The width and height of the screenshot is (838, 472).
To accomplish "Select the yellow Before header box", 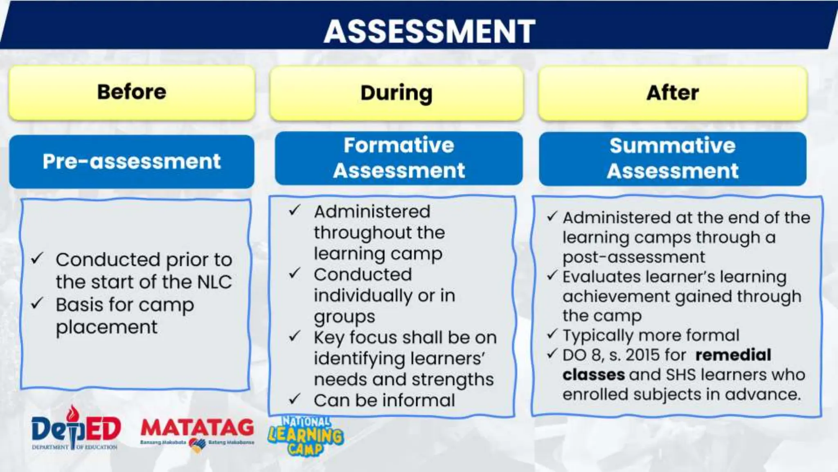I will point(132,93).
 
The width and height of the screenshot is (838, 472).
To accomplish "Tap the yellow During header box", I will point(396,93).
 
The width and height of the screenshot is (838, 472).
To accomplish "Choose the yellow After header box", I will point(672,93).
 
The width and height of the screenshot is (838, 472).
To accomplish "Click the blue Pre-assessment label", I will point(132,161).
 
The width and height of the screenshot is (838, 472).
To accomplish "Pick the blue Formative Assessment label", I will point(399,158).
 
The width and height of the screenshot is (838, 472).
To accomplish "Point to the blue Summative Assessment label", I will point(672,159).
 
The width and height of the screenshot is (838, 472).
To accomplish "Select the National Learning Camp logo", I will point(306,436).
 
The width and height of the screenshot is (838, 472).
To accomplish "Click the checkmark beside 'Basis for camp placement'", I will point(37,304).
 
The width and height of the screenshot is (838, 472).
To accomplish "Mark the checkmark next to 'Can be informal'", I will point(295,399).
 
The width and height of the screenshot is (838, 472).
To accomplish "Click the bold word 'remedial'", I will point(733,355).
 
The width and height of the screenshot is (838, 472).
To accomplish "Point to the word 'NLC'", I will point(214,282).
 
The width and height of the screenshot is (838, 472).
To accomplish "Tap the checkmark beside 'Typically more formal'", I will point(552,334).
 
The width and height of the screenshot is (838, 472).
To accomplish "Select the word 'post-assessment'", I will point(633,257).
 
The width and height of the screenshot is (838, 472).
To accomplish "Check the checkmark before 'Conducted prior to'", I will point(37,259).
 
